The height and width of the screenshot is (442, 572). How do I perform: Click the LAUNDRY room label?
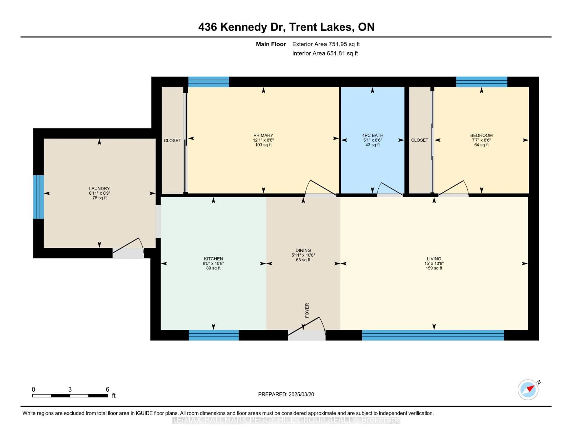tap(99, 188)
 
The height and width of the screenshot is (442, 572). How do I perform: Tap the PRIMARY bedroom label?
tap(263, 135)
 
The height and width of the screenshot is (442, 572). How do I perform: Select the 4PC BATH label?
tap(372, 135)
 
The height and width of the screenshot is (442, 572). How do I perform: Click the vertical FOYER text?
tap(307, 310)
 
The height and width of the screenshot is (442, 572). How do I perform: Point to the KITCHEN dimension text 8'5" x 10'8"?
tap(213, 263)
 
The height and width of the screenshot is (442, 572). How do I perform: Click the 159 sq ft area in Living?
tap(434, 268)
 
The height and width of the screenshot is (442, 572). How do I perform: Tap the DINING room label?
tap(303, 250)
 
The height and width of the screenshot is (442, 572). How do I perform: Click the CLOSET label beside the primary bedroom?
tap(172, 140)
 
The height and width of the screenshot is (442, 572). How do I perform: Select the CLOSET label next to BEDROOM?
tap(420, 140)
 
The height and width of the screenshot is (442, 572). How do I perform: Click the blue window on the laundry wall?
tap(38, 197)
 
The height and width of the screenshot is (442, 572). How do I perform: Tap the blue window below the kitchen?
tap(214, 335)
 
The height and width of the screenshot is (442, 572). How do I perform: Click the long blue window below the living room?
tap(433, 335)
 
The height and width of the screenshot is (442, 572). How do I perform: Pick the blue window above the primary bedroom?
tap(209, 82)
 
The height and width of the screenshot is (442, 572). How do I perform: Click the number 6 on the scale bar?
tap(107, 389)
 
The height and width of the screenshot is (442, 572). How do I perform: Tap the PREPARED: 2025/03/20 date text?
tap(286, 394)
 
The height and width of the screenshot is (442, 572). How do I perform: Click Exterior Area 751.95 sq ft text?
tap(326, 44)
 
